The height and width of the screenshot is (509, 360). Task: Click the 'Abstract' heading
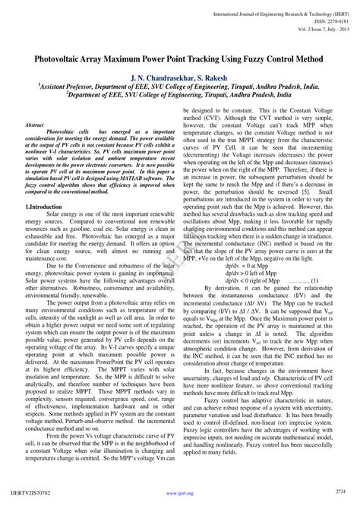35,124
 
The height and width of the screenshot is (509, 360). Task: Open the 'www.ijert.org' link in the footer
179,501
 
